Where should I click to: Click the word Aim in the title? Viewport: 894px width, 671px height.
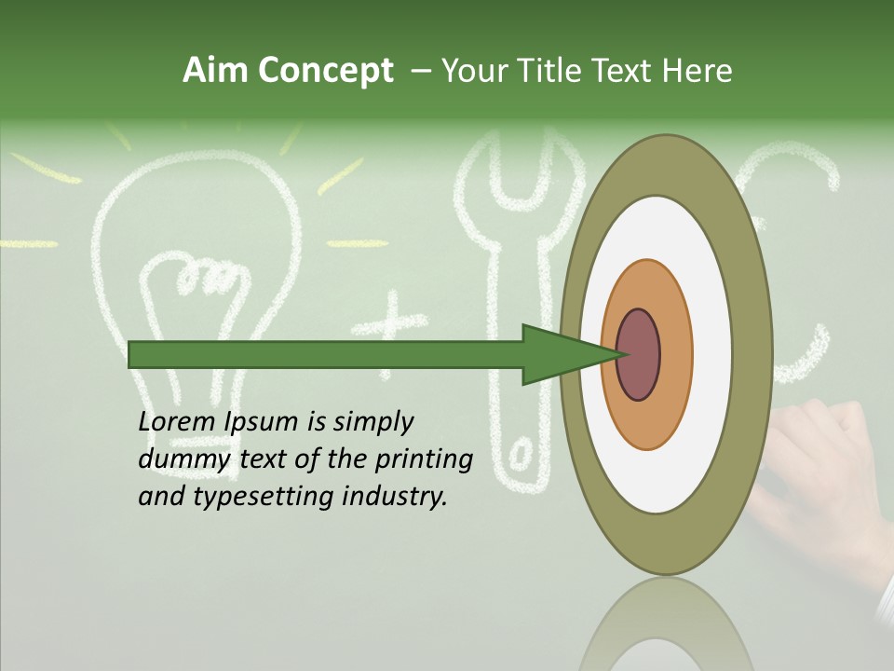(x=216, y=71)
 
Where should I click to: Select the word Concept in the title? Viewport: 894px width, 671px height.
(x=326, y=71)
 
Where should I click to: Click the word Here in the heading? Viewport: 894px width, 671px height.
(x=698, y=71)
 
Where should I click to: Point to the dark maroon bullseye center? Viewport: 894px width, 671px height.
(x=639, y=354)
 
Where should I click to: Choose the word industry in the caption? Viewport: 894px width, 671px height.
(x=395, y=497)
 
